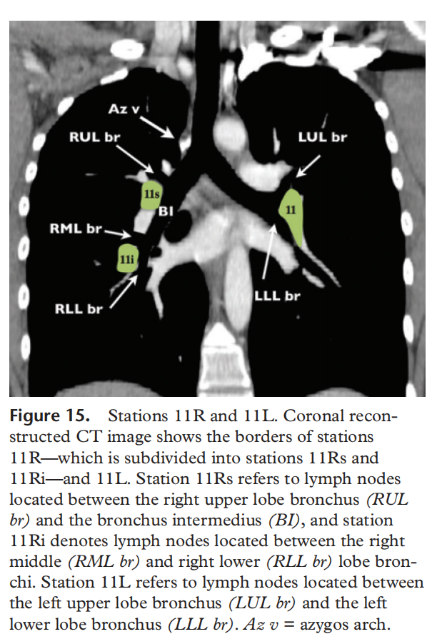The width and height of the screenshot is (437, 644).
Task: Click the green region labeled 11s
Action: (x=151, y=195)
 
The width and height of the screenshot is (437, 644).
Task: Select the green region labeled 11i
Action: (x=127, y=258)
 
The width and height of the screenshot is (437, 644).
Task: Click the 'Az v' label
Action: (x=124, y=109)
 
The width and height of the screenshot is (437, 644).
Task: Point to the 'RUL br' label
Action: (x=94, y=137)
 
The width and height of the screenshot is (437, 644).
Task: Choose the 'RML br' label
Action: (x=76, y=228)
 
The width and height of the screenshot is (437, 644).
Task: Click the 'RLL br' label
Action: (x=79, y=308)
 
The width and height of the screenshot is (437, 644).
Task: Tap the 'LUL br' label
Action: (x=323, y=137)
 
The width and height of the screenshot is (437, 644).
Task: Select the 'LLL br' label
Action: (x=277, y=296)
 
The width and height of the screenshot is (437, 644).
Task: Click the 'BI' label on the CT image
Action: (x=166, y=211)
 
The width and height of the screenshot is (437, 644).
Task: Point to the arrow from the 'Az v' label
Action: (x=157, y=127)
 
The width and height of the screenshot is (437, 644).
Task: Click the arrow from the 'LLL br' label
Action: (x=268, y=251)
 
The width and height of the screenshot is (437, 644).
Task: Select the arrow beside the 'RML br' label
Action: (x=118, y=233)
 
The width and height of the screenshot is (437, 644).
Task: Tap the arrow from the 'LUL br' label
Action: (x=308, y=166)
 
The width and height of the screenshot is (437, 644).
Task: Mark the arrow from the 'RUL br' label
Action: (x=135, y=159)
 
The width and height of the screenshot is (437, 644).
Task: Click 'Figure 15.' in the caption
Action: (x=50, y=416)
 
